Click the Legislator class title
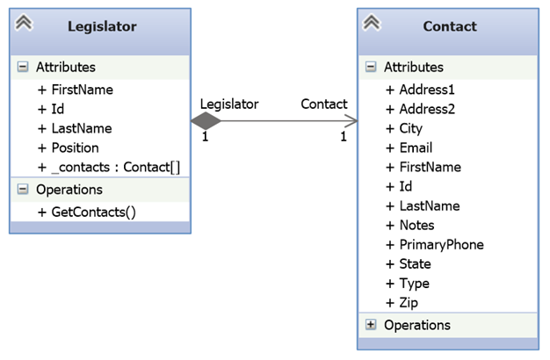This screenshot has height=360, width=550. (x=102, y=26)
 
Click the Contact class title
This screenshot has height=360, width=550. (x=450, y=26)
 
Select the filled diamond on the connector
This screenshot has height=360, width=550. (x=206, y=121)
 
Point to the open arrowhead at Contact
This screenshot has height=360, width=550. (x=351, y=121)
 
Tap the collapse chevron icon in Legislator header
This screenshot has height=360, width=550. (x=24, y=23)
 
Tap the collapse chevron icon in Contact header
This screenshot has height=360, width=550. (x=372, y=23)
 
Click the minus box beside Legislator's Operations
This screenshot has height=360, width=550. (x=23, y=190)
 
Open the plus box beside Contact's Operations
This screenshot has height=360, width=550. (x=371, y=325)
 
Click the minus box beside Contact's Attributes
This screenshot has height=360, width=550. (x=371, y=67)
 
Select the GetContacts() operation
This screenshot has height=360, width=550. (x=87, y=212)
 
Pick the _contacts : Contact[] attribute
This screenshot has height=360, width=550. (x=109, y=167)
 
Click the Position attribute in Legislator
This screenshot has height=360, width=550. (x=68, y=148)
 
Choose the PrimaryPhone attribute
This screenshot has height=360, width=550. (x=435, y=245)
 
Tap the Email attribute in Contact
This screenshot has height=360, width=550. (x=409, y=148)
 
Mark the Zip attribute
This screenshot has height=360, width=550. (x=402, y=303)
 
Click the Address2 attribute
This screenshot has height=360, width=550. (x=420, y=109)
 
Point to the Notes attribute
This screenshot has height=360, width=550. (x=410, y=226)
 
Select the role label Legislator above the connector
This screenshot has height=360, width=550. (x=229, y=104)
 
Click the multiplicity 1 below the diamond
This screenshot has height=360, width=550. (x=206, y=136)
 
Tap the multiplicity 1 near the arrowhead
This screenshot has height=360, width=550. (x=344, y=136)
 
